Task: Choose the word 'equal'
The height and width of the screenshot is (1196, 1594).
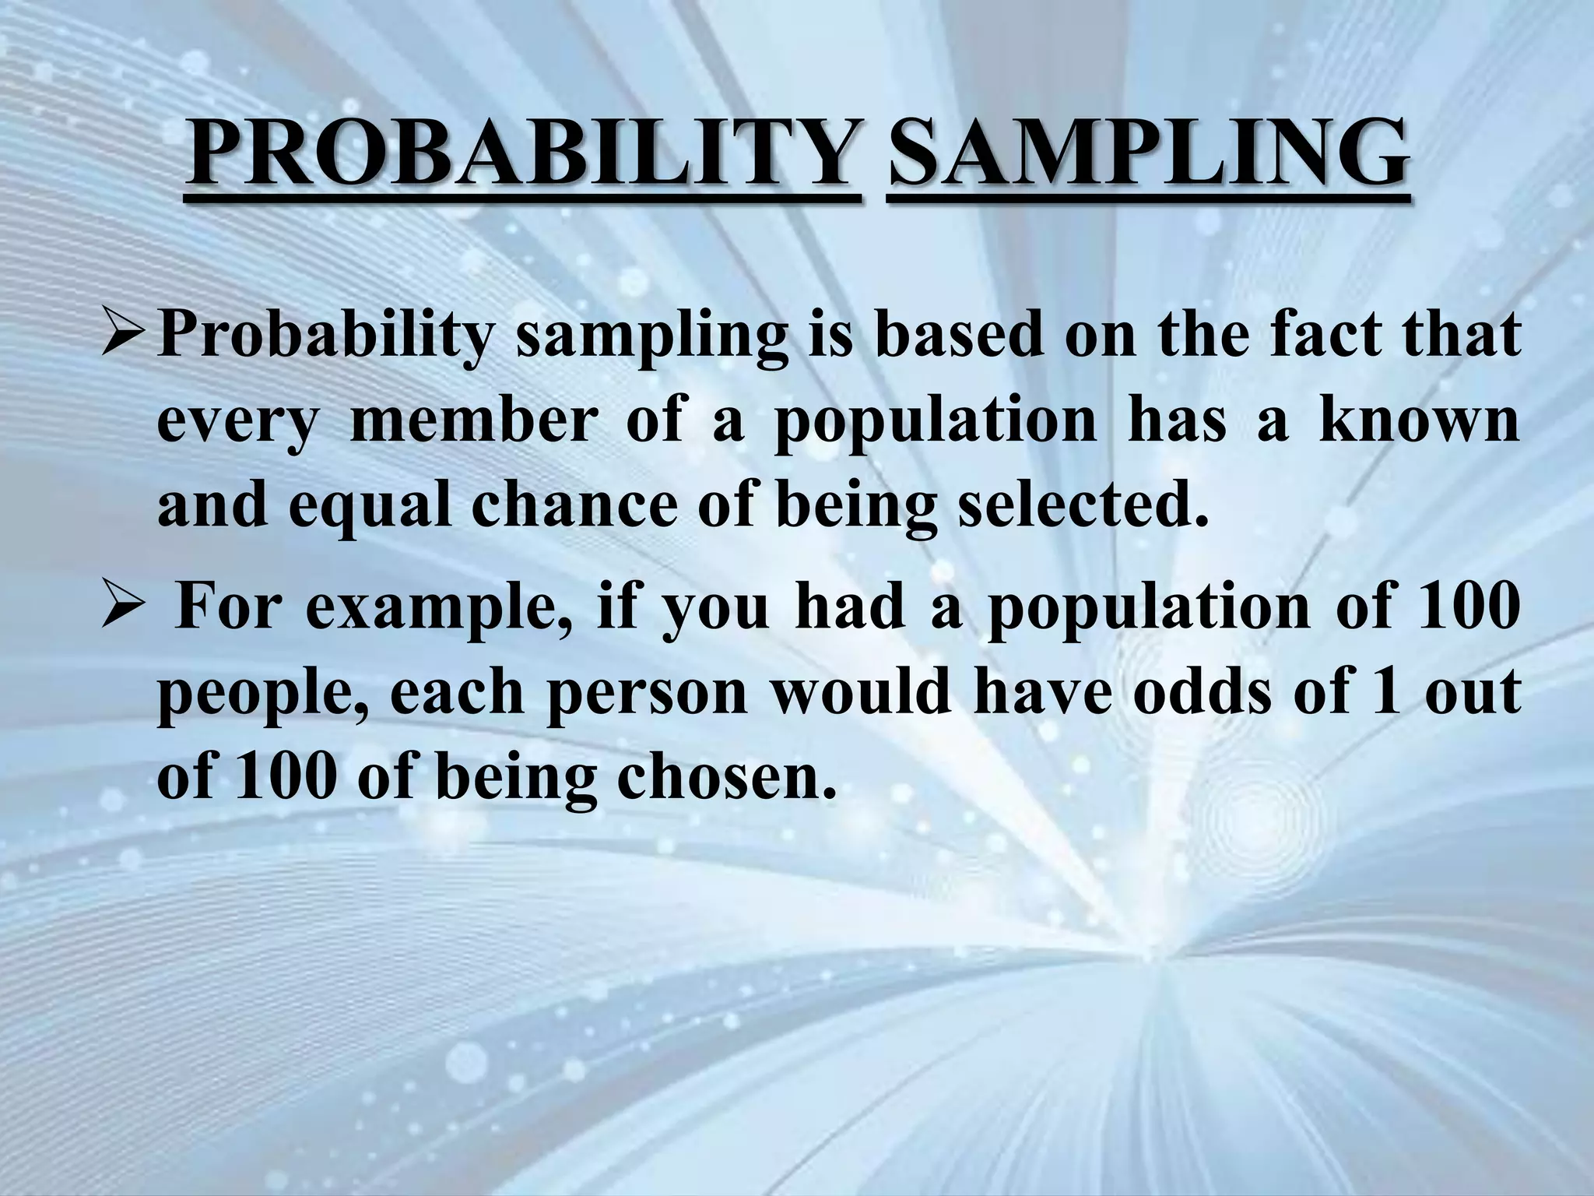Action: (x=369, y=508)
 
